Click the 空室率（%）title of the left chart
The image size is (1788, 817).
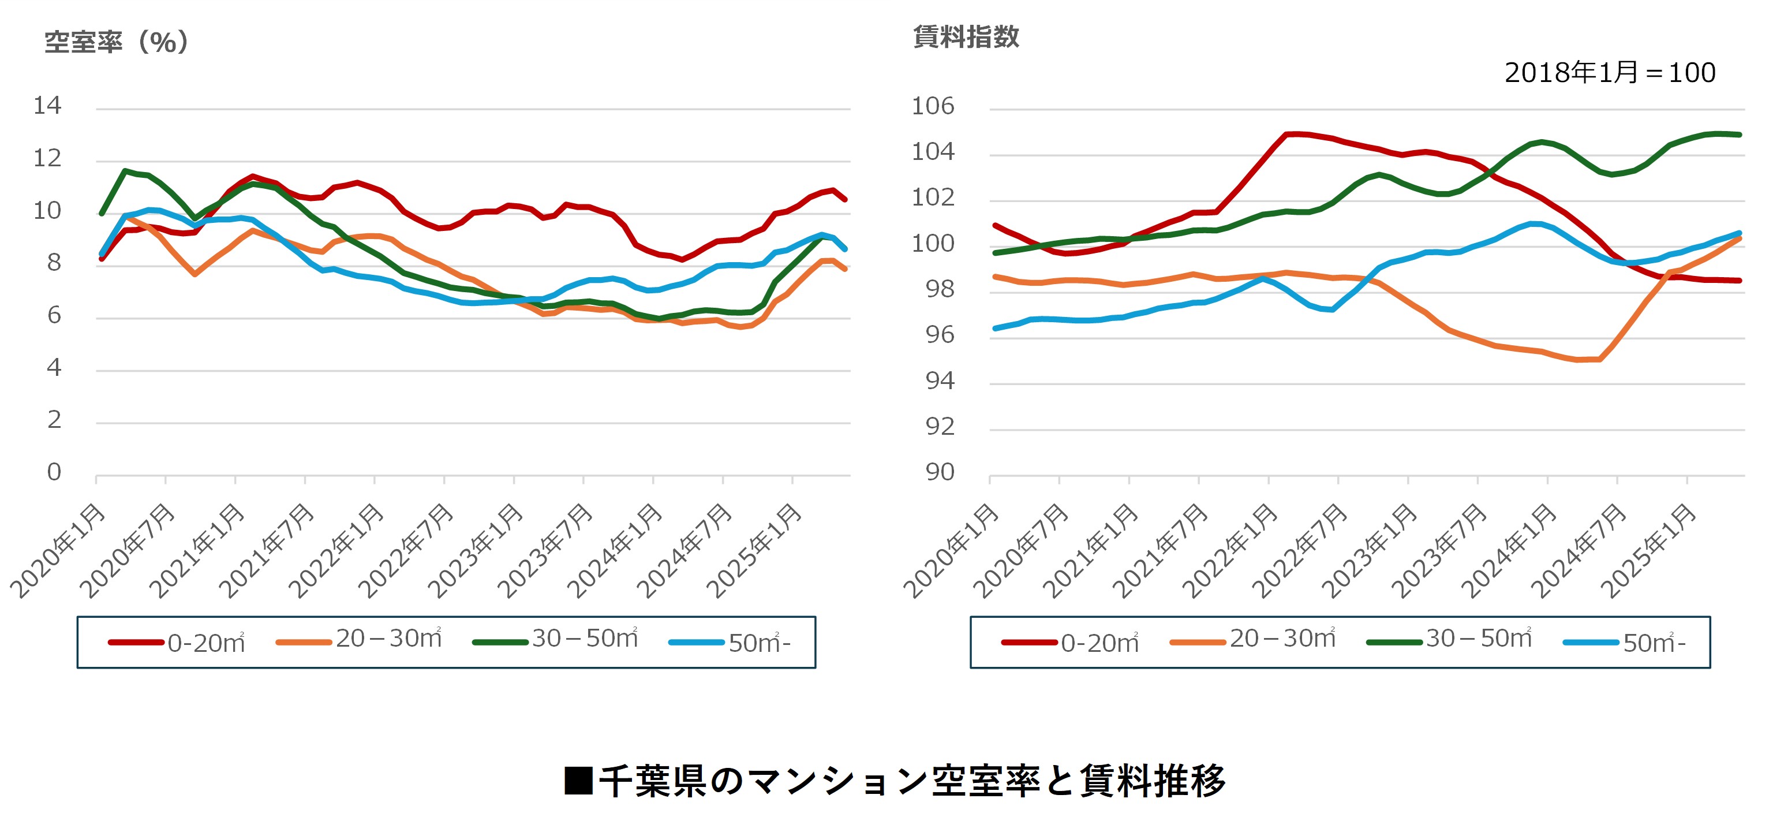(x=117, y=42)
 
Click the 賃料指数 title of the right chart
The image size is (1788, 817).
(x=966, y=37)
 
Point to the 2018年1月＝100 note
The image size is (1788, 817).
(x=1610, y=73)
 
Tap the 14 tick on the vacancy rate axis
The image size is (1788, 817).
(x=47, y=106)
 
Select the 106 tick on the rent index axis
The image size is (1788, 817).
(x=932, y=106)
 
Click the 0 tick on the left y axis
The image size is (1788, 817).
(x=54, y=473)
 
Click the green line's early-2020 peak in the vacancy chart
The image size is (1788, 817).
(x=125, y=170)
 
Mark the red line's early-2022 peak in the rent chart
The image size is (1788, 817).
(x=1288, y=133)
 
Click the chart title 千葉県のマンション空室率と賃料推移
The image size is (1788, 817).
(x=895, y=781)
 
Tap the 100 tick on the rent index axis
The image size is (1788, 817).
(x=932, y=244)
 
